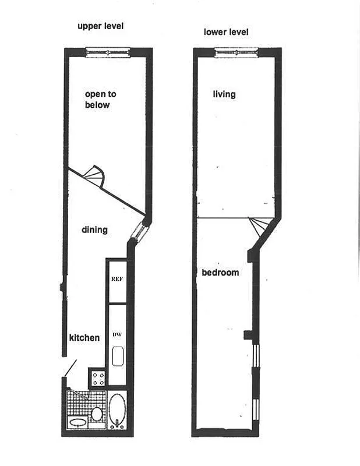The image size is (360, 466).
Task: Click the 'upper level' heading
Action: click(x=101, y=26)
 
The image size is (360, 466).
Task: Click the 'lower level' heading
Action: click(x=226, y=31)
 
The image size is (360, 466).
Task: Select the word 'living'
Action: click(x=224, y=94)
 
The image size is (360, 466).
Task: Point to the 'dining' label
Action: click(x=94, y=230)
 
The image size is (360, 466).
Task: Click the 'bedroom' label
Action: click(x=220, y=273)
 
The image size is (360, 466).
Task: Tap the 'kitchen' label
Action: click(x=84, y=337)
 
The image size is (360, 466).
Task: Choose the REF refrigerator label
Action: click(x=117, y=279)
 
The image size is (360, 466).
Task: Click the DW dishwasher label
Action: click(x=117, y=334)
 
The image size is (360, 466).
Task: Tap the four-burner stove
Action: click(x=98, y=379)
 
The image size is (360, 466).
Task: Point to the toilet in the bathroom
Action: click(x=97, y=414)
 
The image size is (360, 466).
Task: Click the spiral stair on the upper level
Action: click(x=94, y=175)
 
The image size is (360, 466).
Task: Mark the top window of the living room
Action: click(x=235, y=54)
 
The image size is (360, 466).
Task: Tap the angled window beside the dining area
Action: click(x=140, y=231)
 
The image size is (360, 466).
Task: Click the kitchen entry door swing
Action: click(x=70, y=368)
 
